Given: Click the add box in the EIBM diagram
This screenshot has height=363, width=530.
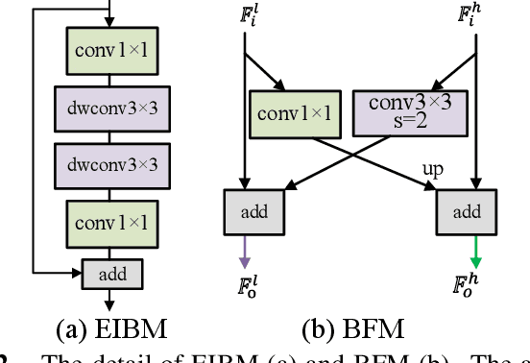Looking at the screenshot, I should click(x=110, y=275).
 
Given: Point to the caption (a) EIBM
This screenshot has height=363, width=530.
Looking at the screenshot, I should click(x=111, y=328).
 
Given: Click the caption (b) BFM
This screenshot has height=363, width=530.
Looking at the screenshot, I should click(x=353, y=328).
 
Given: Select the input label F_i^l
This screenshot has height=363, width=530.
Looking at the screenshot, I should click(x=247, y=17).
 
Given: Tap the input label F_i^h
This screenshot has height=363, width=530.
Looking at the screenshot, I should click(x=470, y=17).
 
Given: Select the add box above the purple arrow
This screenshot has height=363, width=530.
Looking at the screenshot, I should click(x=247, y=210).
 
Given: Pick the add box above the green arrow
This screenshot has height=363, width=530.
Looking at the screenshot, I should click(x=470, y=210).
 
